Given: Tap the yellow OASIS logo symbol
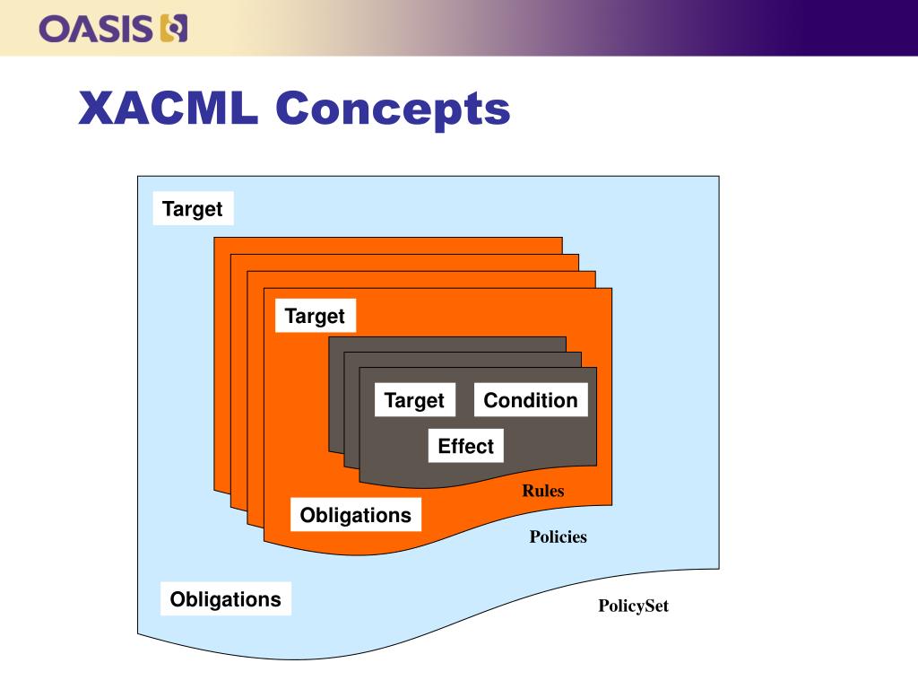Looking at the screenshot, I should click(173, 28).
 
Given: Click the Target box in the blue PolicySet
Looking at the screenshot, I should click(192, 209).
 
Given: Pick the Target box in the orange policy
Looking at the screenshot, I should click(315, 316).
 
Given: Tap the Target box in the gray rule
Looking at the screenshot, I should click(414, 400).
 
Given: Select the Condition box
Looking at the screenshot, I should click(531, 400).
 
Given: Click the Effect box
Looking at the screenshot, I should click(465, 446).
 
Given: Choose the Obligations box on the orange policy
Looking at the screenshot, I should click(355, 515).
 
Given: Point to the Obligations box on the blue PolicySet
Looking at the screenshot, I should click(225, 599).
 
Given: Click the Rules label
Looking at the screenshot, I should click(543, 491).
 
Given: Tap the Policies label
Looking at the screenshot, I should click(558, 537).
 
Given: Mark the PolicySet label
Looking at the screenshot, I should click(633, 606).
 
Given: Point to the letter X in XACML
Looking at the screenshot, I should click(94, 109).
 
